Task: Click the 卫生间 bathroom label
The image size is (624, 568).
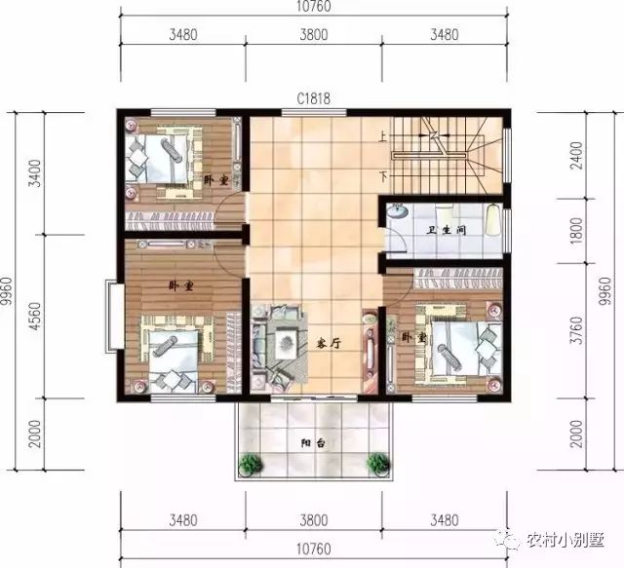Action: point(445,231)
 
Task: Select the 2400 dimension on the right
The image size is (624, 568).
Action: point(576,153)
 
